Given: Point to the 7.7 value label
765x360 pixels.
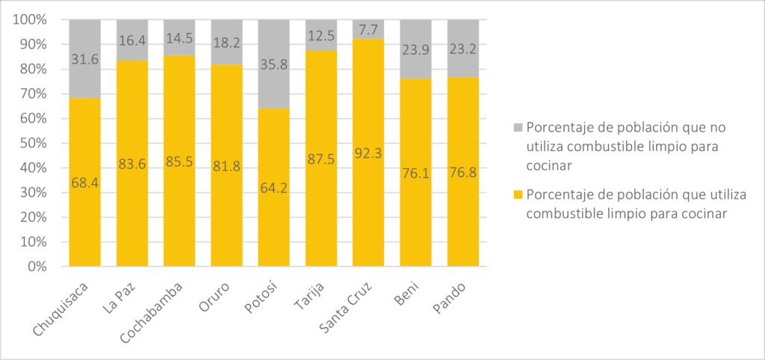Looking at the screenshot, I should click(x=368, y=29).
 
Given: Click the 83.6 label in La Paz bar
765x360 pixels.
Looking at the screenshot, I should click(x=131, y=164).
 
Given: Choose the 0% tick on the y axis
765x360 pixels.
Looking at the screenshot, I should click(x=36, y=267).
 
